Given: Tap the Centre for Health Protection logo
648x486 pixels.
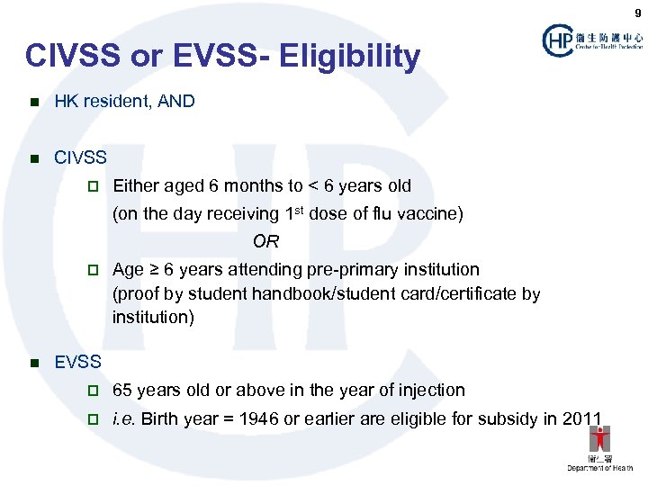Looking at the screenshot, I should pos(592,40).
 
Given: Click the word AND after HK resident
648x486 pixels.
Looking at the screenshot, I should pos(175,102).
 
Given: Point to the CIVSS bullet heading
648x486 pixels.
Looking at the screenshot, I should pos(80,158).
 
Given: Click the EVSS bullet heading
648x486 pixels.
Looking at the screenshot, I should pos(78,363).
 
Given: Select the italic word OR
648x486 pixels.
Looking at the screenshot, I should pos(265,241).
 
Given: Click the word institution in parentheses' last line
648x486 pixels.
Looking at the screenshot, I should pos(148,318).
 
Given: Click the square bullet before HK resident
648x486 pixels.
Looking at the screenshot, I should pos(34,103).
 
